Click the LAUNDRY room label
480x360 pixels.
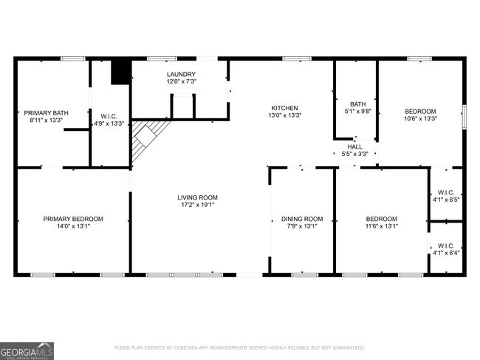(x=181, y=74)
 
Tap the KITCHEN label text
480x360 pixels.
(x=285, y=108)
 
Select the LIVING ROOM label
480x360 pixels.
(x=197, y=197)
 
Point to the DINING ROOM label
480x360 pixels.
(x=302, y=219)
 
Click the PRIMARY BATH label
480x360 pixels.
(x=47, y=113)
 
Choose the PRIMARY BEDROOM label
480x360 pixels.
(x=73, y=219)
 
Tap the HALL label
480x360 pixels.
(x=354, y=147)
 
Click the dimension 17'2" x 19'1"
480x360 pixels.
(x=197, y=205)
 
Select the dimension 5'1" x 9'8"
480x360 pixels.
(x=358, y=111)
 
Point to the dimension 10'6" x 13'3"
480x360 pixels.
(x=421, y=118)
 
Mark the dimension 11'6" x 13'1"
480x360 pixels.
(x=382, y=226)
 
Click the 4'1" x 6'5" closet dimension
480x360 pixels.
(x=446, y=200)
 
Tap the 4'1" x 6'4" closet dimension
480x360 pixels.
(x=446, y=253)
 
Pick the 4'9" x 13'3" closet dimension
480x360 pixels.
(x=109, y=123)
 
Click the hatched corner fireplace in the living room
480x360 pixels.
(x=146, y=138)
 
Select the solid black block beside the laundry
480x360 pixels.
(x=121, y=72)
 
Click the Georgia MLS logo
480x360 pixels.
(x=27, y=351)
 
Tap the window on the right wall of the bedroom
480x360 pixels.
(x=464, y=117)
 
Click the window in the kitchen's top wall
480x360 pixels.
(x=297, y=59)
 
